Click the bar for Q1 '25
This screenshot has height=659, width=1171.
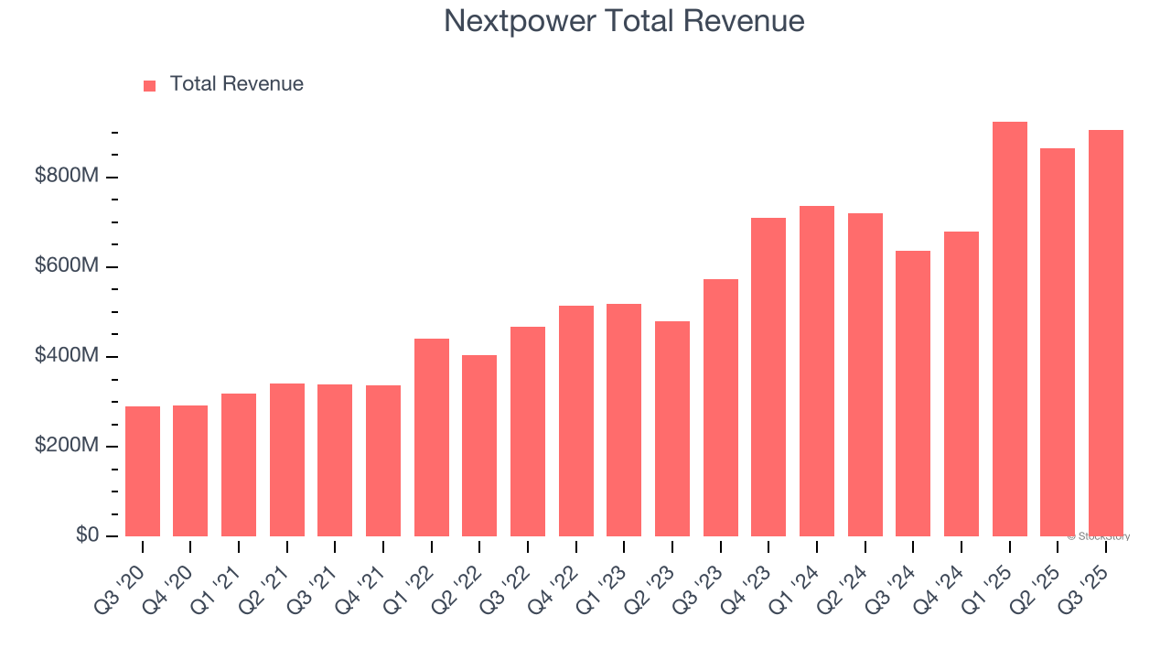click(1009, 329)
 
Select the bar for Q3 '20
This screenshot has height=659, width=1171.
click(143, 471)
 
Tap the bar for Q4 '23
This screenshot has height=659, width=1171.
click(768, 377)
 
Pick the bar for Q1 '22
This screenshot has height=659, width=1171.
click(432, 438)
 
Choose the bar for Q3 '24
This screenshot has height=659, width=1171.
click(913, 394)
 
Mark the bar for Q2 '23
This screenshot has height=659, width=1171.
click(672, 428)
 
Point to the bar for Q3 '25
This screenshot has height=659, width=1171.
click(1105, 333)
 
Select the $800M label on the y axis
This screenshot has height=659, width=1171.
click(66, 176)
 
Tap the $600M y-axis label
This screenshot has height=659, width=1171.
click(66, 265)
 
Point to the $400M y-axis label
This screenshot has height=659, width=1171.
click(66, 355)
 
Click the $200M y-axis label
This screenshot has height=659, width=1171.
click(66, 446)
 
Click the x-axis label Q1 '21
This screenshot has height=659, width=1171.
click(220, 578)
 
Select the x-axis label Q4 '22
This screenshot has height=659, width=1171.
click(557, 578)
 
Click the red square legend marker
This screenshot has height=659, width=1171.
click(150, 85)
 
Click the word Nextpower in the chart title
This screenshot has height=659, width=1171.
click(518, 21)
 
